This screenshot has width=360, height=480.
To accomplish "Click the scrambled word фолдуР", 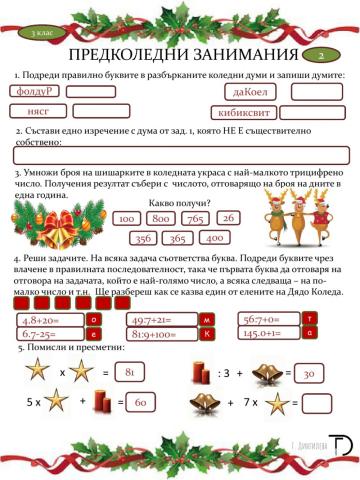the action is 36,92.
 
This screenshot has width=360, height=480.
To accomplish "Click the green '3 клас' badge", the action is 42,33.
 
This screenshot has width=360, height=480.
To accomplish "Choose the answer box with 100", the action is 126,218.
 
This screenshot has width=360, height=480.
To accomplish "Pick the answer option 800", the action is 160,218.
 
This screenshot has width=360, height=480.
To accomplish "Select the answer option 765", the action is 195,218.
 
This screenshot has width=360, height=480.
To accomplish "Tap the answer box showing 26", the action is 227,217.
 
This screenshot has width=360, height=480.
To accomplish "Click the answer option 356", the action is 143,238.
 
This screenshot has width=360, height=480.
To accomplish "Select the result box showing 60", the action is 141,403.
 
